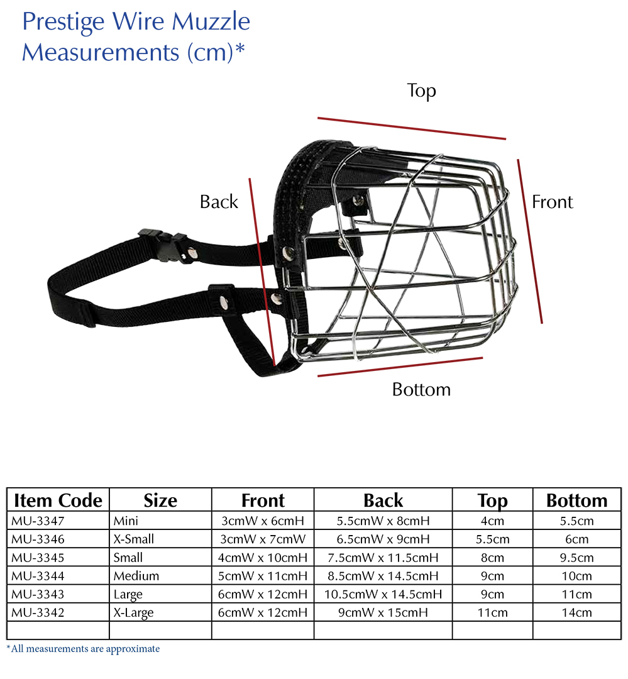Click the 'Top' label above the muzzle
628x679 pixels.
(421, 91)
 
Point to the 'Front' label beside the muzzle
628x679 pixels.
(552, 202)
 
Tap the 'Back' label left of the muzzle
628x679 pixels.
(219, 202)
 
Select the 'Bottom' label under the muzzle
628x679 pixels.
(421, 389)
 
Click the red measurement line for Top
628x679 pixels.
(412, 128)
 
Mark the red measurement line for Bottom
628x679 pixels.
(400, 367)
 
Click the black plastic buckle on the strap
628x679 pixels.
(163, 245)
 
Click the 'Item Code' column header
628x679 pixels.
(58, 500)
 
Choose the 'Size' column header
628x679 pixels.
(160, 500)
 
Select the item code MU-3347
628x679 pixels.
(38, 521)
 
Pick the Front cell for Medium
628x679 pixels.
(263, 576)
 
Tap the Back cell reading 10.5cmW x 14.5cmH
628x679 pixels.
(383, 594)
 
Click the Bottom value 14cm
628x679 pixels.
(576, 613)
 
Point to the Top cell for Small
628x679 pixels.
(492, 558)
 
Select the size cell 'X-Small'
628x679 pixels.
(133, 539)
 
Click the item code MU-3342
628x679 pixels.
(38, 613)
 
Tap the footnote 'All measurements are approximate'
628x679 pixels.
(85, 649)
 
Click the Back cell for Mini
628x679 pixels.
(383, 521)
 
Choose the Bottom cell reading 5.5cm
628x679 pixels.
(576, 521)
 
